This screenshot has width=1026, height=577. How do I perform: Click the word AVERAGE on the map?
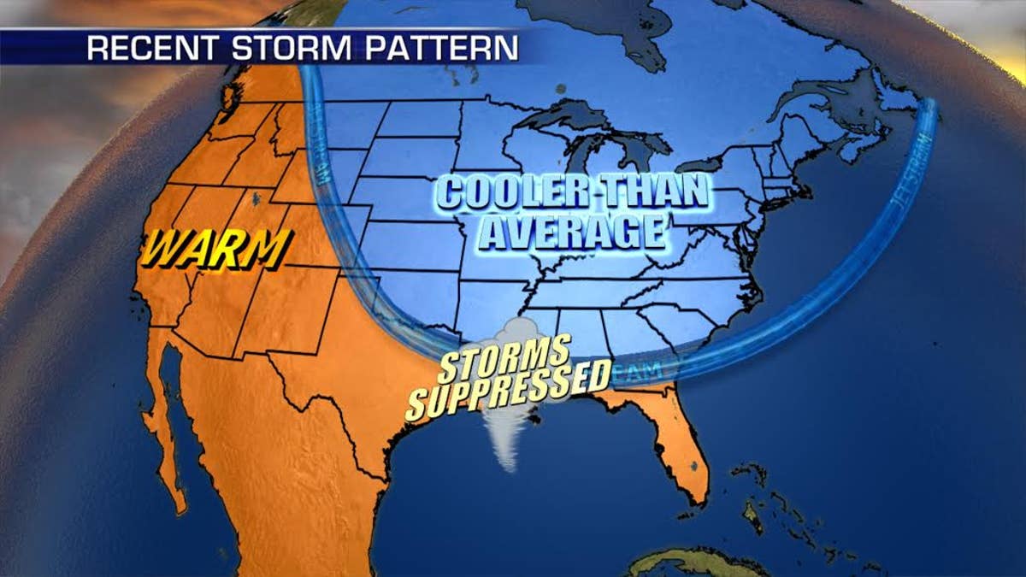click(x=570, y=232)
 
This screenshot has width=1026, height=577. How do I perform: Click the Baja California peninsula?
click(x=168, y=427)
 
